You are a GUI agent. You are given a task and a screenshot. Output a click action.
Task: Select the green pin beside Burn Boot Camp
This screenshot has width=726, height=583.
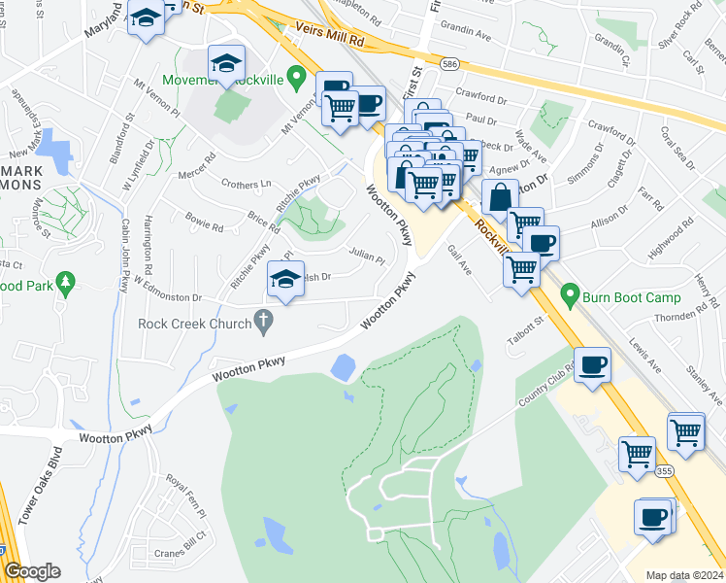[570, 292]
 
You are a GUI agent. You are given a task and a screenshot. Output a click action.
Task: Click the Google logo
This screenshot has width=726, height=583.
[32, 571]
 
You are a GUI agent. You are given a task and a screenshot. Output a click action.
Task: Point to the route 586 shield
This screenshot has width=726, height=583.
[448, 64]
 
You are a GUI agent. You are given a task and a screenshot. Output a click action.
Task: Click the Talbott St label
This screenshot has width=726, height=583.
[521, 326]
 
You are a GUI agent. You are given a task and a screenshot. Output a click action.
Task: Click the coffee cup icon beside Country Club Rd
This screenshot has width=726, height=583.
[593, 363]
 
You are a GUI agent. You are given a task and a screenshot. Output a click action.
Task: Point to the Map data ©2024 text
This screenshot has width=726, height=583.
[685, 575]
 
